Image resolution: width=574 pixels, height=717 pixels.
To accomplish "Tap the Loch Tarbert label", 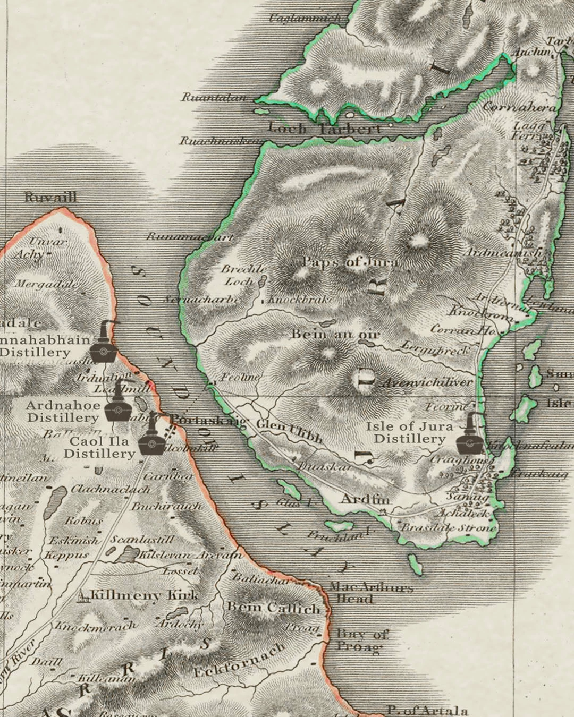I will [325, 129].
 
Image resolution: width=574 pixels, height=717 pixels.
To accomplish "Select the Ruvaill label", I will [50, 197].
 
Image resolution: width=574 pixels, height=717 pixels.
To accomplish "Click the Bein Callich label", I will [274, 607].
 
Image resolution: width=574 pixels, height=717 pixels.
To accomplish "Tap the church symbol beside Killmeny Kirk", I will [82, 597].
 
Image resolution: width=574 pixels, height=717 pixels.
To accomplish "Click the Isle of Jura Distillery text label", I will [409, 432].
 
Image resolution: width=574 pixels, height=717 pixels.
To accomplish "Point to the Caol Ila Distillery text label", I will [99, 448].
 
